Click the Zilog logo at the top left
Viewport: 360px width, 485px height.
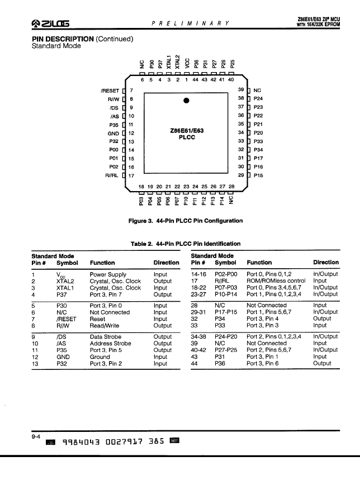[50, 23]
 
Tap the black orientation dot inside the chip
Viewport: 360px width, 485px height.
[186, 101]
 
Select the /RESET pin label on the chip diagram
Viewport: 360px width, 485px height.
[110, 91]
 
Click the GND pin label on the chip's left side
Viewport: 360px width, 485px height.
[113, 134]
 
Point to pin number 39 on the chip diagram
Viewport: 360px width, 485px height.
[241, 89]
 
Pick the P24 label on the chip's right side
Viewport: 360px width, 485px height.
[258, 98]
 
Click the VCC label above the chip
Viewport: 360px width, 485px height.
[187, 63]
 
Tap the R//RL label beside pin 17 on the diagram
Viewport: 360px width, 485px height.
[112, 175]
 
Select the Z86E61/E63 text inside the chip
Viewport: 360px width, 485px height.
[187, 131]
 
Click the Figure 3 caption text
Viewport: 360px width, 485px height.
[186, 221]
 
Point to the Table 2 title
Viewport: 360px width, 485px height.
[186, 244]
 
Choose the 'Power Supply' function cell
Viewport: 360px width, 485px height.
[108, 274]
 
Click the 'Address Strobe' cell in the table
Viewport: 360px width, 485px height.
[111, 343]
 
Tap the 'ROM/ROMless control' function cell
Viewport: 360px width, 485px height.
[276, 280]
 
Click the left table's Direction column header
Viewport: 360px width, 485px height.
[166, 263]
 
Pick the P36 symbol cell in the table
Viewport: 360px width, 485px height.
[220, 363]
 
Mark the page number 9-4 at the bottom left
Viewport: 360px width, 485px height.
[36, 437]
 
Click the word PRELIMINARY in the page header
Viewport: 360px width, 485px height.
[191, 23]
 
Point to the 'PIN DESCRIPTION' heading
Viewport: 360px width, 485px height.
[63, 39]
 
